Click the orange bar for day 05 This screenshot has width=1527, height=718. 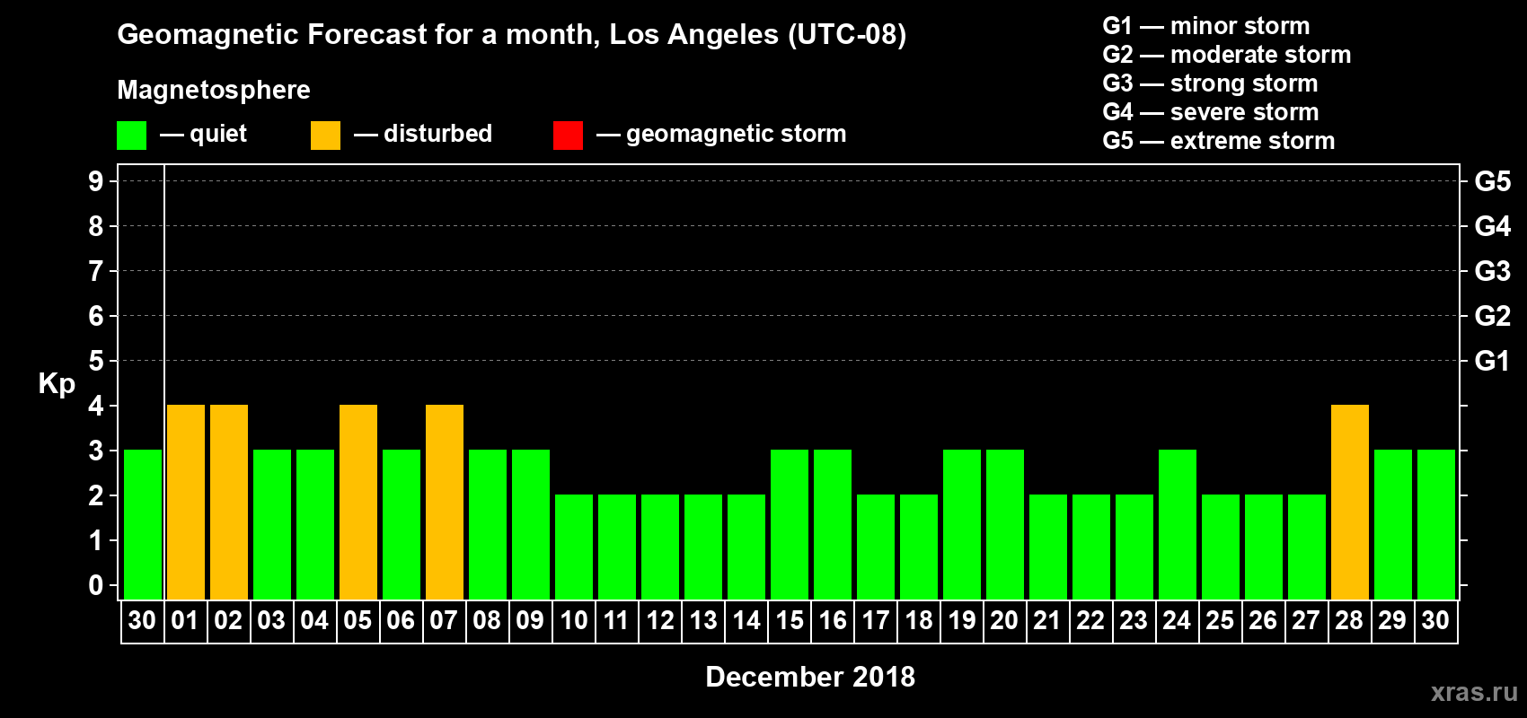click(x=358, y=502)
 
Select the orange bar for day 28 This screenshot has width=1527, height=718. click(x=1350, y=502)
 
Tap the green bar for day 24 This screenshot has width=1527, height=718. click(x=1178, y=524)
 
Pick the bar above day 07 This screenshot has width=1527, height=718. click(x=445, y=502)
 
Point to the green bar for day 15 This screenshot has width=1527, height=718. click(x=790, y=524)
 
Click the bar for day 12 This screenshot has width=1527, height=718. click(x=660, y=547)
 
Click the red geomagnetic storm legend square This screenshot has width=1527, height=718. click(x=568, y=136)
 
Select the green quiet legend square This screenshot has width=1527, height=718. click(x=131, y=136)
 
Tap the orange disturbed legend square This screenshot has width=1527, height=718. click(x=325, y=136)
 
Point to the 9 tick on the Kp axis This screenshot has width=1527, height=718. click(x=96, y=181)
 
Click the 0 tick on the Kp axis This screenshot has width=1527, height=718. click(x=96, y=586)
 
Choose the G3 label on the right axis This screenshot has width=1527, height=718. click(x=1492, y=271)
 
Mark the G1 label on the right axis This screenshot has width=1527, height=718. click(x=1492, y=361)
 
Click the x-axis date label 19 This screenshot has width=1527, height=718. click(x=962, y=620)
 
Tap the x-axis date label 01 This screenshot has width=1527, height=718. click(x=185, y=620)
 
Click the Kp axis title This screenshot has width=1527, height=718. click(x=57, y=383)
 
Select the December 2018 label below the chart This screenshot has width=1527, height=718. click(x=810, y=677)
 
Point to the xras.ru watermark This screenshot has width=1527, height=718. click(x=1474, y=692)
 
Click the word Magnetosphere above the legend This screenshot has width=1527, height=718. click(x=214, y=90)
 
